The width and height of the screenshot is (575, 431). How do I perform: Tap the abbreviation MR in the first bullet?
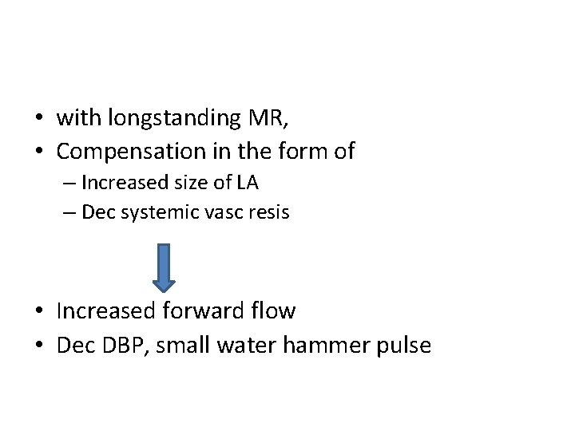coord(267,119)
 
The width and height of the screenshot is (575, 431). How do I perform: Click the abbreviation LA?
coord(248,183)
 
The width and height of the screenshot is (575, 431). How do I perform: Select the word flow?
coord(272,310)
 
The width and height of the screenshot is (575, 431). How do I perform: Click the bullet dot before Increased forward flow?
coord(39,310)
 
